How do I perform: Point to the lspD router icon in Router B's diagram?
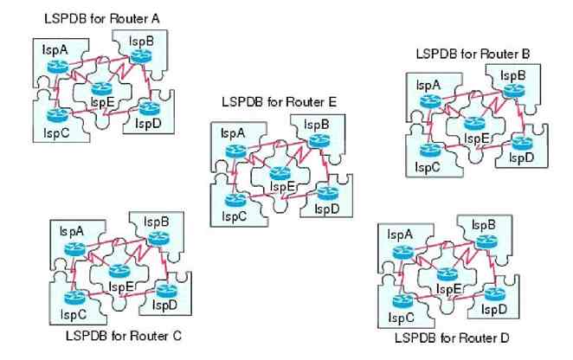pos(519,144)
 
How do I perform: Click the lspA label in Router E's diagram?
pos(231,133)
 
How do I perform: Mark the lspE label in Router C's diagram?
pos(121,286)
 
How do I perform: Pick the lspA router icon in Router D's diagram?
pos(402,252)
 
